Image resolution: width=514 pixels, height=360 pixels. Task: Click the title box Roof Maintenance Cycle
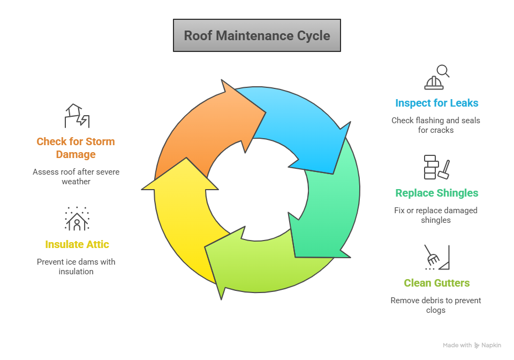(257, 36)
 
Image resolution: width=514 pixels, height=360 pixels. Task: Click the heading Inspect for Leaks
(436, 103)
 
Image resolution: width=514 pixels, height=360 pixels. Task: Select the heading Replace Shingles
(436, 193)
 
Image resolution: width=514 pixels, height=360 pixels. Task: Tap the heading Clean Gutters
(436, 283)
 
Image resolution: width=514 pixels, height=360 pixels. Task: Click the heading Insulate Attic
(77, 244)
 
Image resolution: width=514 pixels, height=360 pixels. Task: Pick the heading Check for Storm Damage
(75, 148)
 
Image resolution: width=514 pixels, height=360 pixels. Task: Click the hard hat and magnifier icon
(436, 77)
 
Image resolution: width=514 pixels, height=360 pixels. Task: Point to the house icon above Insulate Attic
(77, 219)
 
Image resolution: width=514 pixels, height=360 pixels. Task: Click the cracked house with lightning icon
(77, 116)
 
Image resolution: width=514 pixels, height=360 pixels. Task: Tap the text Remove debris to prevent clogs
(436, 305)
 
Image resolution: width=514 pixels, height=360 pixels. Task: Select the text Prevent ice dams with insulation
(76, 266)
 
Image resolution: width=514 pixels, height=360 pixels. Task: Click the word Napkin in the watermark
(491, 346)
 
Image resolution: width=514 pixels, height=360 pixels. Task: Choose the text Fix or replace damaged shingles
(436, 215)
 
